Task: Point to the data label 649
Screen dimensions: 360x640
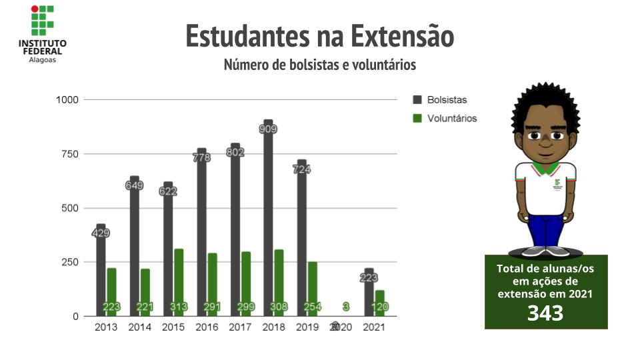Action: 135,185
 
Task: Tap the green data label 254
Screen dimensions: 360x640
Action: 312,307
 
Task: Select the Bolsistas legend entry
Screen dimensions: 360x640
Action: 440,100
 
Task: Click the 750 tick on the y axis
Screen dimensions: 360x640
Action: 69,154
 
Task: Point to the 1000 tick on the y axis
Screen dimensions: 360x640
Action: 67,100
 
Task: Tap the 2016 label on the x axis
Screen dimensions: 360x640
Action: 207,327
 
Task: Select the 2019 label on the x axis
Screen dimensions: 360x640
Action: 307,327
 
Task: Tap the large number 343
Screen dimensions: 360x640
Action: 545,313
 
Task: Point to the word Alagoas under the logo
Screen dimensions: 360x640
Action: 43,59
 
